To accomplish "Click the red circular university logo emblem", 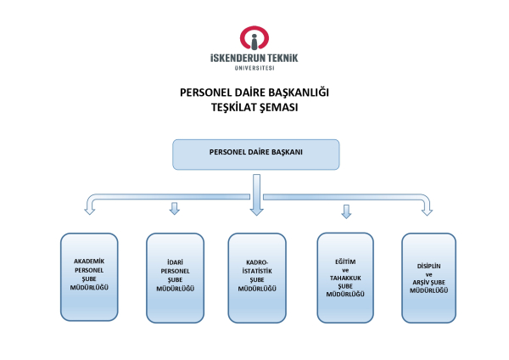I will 255,37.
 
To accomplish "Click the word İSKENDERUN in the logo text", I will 238,58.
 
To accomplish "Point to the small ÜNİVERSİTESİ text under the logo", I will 255,68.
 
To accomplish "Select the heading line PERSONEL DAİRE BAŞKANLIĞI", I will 255,93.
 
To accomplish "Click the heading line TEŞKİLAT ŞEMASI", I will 255,108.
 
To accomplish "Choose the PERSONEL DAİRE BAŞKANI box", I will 256,154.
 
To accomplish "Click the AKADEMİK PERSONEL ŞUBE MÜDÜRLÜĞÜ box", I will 90,275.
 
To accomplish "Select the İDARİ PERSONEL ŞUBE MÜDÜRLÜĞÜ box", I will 175,276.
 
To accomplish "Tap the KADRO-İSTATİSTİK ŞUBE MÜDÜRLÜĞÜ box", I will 257,276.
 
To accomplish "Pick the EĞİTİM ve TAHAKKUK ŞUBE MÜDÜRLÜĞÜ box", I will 344,277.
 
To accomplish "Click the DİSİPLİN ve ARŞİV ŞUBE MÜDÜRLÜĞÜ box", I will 428,277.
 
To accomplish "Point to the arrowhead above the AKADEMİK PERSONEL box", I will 89,209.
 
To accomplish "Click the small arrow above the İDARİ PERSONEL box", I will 175,209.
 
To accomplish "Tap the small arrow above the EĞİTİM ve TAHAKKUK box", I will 345,211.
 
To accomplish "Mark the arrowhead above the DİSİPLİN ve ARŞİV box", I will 427,209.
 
